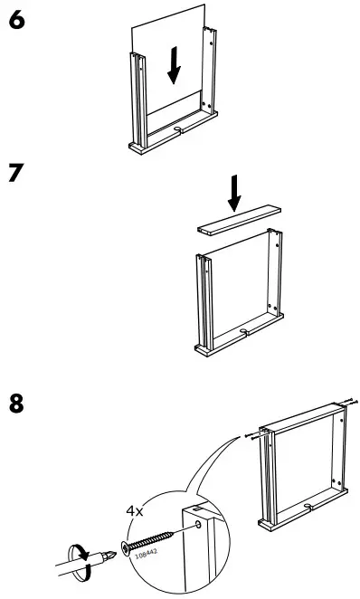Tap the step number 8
point(14,403)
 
